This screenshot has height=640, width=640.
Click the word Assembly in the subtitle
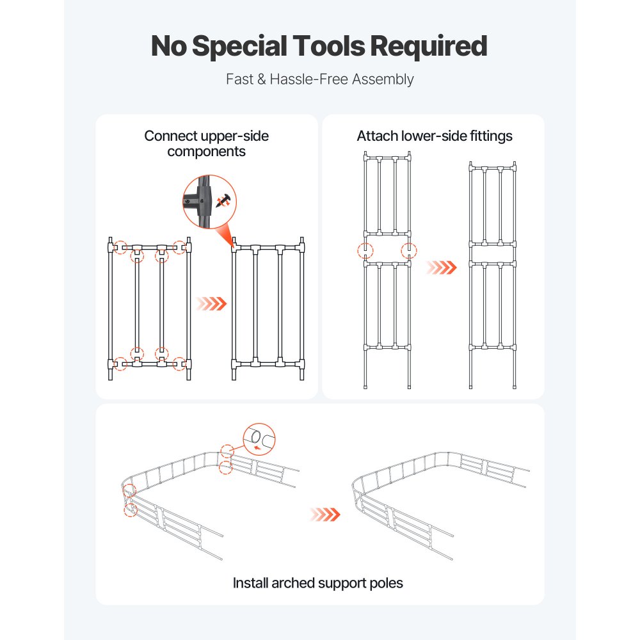tap(387, 79)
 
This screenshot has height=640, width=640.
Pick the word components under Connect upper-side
tap(206, 152)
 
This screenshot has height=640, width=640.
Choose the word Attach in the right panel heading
tap(377, 136)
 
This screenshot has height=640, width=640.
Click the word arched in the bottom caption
tap(296, 583)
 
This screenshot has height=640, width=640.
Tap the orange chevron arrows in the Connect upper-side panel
tap(211, 303)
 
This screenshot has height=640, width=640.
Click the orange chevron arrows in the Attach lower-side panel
tap(442, 266)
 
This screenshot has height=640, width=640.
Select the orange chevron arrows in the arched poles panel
tap(324, 514)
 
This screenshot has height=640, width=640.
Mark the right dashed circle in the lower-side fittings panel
tap(408, 250)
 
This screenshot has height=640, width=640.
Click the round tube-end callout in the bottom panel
tap(259, 440)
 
